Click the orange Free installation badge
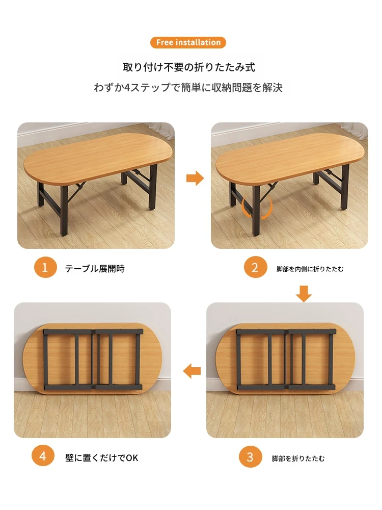[x=188, y=43]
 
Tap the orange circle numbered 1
[x=45, y=267]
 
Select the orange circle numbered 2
[x=255, y=267]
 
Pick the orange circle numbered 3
[x=250, y=457]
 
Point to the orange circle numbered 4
[x=43, y=455]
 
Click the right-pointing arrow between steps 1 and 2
[x=195, y=178]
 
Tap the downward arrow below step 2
[x=304, y=294]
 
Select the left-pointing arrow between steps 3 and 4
[x=192, y=371]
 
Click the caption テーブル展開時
[x=95, y=269]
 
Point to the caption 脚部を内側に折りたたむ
[x=310, y=269]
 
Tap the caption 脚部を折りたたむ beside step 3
[x=298, y=458]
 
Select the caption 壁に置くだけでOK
[x=102, y=458]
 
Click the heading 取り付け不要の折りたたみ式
[x=189, y=67]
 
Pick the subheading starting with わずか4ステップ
[x=188, y=88]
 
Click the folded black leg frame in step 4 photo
[x=93, y=360]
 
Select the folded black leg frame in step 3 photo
[x=286, y=360]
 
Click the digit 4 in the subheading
[x=127, y=88]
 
